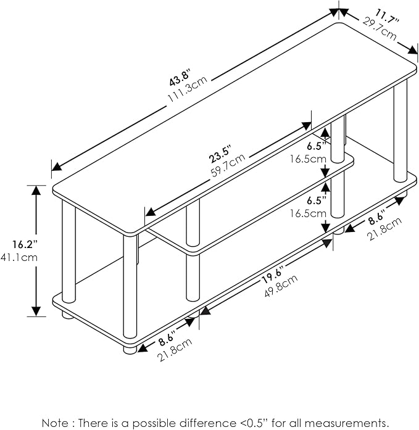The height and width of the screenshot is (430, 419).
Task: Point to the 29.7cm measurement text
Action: (380, 29)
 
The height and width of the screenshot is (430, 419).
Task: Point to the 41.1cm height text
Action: (15, 258)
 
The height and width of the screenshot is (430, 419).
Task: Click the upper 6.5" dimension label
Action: (314, 146)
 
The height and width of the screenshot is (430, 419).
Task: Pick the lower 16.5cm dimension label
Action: (310, 213)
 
